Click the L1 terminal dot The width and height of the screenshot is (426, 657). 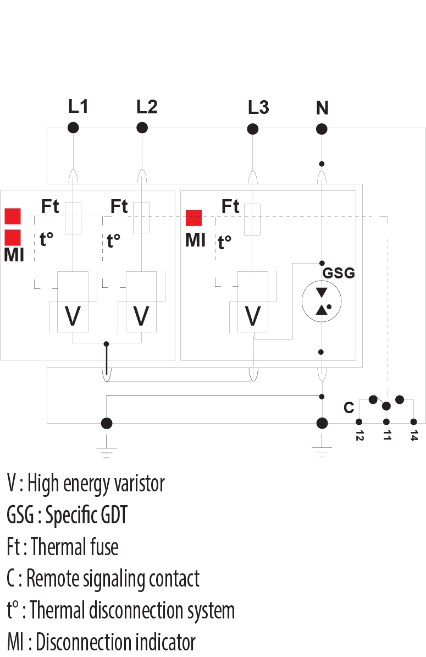tap(73, 128)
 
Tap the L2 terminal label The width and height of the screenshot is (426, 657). tap(147, 107)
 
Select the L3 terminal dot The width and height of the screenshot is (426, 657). tap(253, 129)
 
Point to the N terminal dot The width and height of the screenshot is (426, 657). tap(322, 129)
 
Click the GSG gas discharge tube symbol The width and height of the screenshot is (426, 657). tap(322, 300)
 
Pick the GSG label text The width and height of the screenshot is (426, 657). tap(338, 273)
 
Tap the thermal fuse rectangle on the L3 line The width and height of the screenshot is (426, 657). tap(252, 219)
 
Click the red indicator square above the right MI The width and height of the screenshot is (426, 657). tap(193, 218)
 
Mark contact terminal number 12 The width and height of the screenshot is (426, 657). tap(359, 423)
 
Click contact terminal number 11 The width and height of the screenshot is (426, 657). tap(386, 423)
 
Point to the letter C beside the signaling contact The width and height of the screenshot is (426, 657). tap(348, 408)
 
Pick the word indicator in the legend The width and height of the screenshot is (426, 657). tap(164, 642)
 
